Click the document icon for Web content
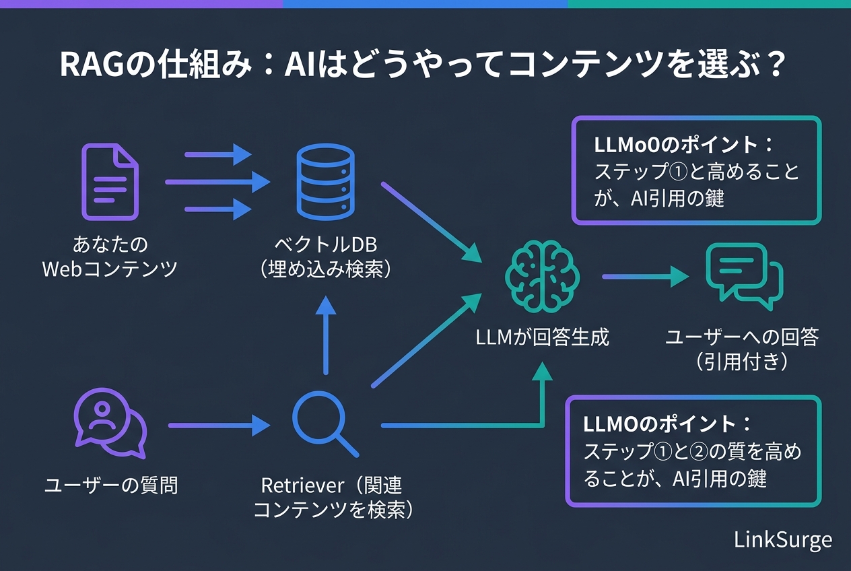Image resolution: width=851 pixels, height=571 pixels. pos(110,182)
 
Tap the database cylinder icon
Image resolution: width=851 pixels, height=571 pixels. pos(325,182)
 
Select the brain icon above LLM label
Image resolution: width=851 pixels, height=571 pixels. pos(543,276)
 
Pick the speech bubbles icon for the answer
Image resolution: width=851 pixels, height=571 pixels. pos(744,276)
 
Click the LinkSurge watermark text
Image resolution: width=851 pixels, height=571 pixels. pos(783,539)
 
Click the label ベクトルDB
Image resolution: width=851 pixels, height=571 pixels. pos(325,244)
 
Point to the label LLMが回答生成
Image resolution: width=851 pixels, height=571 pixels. pos(543,337)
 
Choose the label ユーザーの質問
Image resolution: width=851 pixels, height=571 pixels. pos(111,485)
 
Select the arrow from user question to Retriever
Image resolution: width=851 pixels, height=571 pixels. pos(219,425)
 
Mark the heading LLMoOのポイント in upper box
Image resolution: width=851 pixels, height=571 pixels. pos(683,145)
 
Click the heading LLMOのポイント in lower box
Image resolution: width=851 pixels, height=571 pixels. pos(667,424)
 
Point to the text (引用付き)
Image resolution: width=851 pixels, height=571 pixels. pos(741,362)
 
